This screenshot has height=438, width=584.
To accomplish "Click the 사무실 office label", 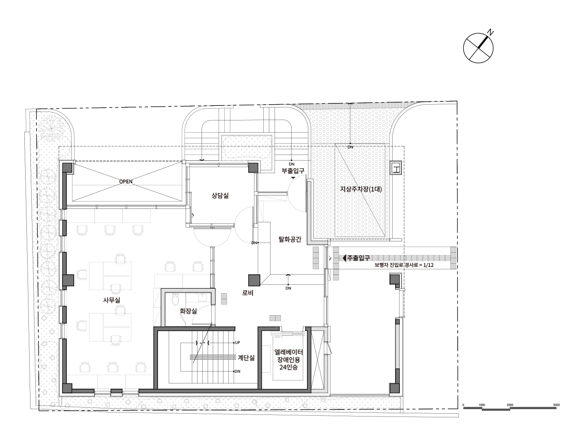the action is coord(112,300).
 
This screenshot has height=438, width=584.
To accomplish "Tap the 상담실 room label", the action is coord(220,196).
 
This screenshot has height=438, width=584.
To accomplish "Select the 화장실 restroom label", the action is coord(188,311).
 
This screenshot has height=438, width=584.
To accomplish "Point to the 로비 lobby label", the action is coord(248,293).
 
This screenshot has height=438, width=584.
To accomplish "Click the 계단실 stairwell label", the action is coord(246,358).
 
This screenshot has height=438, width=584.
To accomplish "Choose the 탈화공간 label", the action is coord(290,239).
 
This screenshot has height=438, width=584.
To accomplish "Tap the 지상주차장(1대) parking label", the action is coord(361,189).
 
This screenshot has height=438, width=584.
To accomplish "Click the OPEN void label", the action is coord(126,182).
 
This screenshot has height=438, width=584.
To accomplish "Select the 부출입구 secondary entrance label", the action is coord(293,171).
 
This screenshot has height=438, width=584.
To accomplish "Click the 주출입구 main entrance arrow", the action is coord(344,258).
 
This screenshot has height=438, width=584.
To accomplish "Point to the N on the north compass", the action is coord(490,33).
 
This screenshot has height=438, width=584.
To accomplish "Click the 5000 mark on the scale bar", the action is coord(556,405).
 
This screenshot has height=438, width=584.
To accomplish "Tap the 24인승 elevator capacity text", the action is coord(288,367).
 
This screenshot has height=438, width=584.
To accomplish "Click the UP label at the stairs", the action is coord(238,343).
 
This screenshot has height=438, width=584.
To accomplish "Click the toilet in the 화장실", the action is coord(175,300).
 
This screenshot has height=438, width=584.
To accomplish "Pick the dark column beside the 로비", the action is coord(254,280).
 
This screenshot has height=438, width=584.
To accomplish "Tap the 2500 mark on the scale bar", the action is coord(510,405).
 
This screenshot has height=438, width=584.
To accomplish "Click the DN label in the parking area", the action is coord(350,147).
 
